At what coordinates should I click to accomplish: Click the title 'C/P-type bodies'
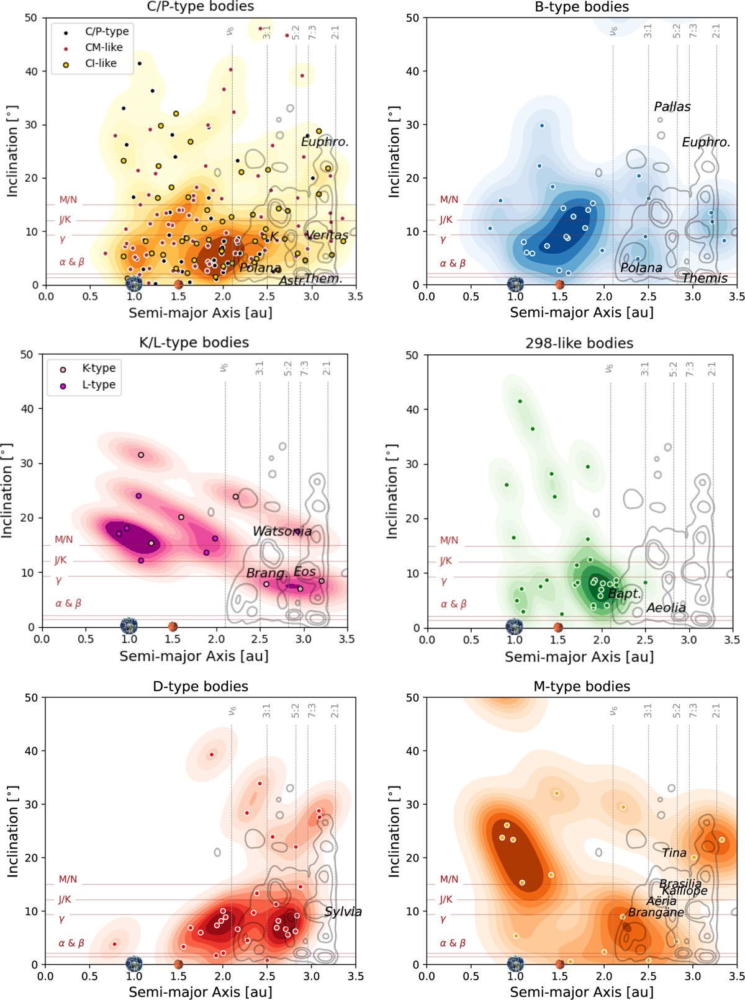pyautogui.click(x=201, y=7)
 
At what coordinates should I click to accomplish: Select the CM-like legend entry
pyautogui.click(x=103, y=48)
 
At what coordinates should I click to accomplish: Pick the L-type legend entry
pyautogui.click(x=99, y=385)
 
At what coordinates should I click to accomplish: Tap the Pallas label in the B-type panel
pyautogui.click(x=672, y=107)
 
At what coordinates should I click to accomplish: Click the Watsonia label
pyautogui.click(x=282, y=532)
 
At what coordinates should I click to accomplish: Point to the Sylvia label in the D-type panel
pyautogui.click(x=343, y=911)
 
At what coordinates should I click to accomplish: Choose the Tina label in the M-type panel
pyautogui.click(x=674, y=853)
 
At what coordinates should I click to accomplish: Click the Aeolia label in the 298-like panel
pyautogui.click(x=666, y=608)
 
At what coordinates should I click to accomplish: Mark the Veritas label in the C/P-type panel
pyautogui.click(x=327, y=235)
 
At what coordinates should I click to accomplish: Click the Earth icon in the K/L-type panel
pyautogui.click(x=129, y=625)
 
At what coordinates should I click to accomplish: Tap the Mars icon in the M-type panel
pyautogui.click(x=559, y=964)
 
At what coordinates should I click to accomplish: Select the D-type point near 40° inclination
pyautogui.click(x=212, y=755)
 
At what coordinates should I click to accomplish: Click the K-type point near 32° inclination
pyautogui.click(x=141, y=455)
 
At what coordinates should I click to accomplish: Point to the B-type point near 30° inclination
pyautogui.click(x=542, y=126)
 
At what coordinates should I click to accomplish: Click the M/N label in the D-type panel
pyautogui.click(x=68, y=879)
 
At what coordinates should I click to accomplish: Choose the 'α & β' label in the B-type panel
pyautogui.click(x=453, y=264)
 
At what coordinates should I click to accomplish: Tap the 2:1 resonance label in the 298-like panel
pyautogui.click(x=712, y=369)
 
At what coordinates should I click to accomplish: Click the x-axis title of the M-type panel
pyautogui.click(x=582, y=992)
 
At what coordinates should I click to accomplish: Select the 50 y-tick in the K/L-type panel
pyautogui.click(x=27, y=355)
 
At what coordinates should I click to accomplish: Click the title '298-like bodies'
pyautogui.click(x=579, y=344)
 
